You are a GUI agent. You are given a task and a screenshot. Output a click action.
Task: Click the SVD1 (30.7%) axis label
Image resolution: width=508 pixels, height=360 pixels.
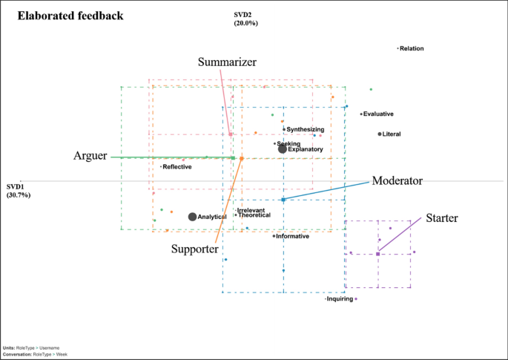(19, 191)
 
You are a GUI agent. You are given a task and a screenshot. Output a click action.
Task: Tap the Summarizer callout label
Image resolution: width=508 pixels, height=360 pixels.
(227, 62)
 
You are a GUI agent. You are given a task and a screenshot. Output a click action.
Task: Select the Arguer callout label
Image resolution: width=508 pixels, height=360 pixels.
(90, 156)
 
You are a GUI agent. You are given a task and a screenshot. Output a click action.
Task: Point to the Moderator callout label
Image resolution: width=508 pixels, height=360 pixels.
(397, 180)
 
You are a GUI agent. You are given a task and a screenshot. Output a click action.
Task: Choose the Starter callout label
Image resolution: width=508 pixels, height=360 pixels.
(441, 218)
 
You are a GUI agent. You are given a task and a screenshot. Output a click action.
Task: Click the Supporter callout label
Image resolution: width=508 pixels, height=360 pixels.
(194, 249)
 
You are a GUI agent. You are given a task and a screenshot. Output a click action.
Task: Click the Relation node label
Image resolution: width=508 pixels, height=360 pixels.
(411, 49)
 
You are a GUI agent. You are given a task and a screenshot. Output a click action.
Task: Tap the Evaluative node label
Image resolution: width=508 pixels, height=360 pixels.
(378, 114)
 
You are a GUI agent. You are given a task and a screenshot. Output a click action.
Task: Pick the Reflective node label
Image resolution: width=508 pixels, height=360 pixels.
(177, 167)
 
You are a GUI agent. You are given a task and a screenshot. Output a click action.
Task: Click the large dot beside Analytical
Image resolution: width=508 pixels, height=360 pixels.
(193, 217)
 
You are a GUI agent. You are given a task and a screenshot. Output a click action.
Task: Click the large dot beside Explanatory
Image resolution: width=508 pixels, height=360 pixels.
(283, 149)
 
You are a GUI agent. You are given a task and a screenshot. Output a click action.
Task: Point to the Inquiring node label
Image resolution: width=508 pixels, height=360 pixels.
(340, 299)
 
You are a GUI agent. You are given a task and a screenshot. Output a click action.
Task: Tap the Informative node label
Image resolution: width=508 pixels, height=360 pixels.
(292, 236)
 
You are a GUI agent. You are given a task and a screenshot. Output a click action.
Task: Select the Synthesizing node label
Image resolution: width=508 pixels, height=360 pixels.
(306, 130)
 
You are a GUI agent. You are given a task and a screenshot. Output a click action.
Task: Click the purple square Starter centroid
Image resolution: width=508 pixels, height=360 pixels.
(378, 254)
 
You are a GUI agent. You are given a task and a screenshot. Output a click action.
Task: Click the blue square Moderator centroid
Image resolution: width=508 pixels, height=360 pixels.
(283, 200)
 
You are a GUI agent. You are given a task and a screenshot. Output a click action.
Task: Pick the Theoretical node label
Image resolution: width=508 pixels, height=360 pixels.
(254, 215)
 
